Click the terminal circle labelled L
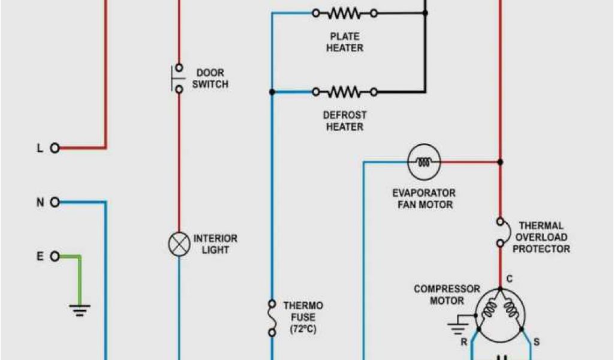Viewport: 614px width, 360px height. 55,148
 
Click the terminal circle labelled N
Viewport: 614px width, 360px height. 55,202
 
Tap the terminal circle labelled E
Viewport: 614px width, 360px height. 55,257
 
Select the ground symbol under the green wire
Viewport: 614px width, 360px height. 80,310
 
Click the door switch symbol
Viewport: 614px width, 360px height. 177,78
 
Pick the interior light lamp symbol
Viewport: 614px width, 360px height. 178,245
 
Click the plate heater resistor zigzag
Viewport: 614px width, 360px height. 345,13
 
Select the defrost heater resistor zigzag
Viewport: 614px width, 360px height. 345,92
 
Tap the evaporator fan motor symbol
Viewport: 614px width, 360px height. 424,161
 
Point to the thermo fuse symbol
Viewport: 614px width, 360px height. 272,318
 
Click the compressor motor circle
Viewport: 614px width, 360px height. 500,311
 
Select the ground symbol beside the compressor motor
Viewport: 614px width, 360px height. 458,327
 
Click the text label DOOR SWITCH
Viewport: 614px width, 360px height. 210,79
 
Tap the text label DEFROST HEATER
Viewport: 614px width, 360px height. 345,121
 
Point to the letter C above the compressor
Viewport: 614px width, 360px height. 509,278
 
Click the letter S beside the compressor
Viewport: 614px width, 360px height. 536,343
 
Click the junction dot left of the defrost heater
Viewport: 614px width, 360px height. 272,92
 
